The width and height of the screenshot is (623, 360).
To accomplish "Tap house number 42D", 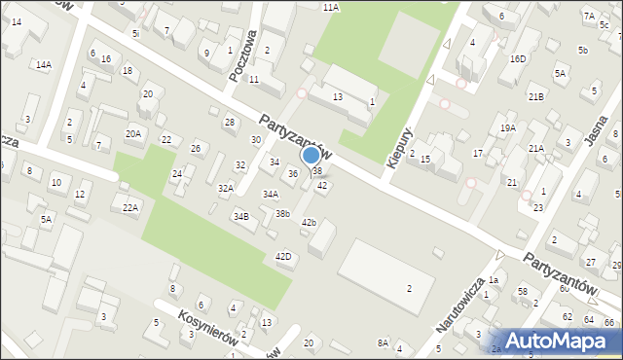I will (283, 257).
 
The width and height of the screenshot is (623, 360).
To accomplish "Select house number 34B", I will (240, 217).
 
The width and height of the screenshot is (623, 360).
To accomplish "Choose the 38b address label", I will (282, 213).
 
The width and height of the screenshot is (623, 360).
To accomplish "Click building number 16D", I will (518, 58).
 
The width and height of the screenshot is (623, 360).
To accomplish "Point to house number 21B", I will (535, 97).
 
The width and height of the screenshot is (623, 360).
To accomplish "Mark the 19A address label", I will (507, 128).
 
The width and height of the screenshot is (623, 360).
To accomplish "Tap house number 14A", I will (43, 65).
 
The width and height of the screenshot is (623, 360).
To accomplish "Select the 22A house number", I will (129, 207).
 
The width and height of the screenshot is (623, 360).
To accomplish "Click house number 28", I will (230, 122).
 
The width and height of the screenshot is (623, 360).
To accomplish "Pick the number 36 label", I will (293, 173).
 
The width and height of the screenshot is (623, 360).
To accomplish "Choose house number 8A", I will (383, 342).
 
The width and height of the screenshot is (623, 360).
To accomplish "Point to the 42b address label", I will (309, 223).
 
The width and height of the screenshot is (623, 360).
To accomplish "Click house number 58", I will (523, 292).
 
